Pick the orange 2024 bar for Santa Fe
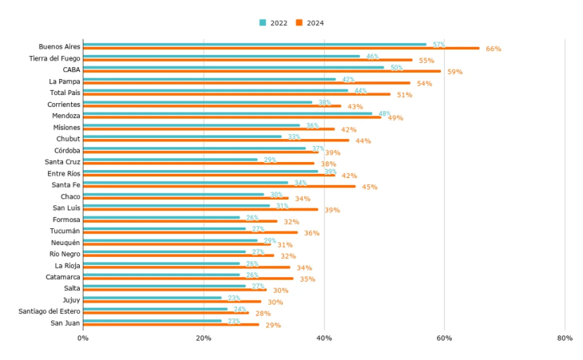tap(219, 187)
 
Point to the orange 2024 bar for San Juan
tap(171, 325)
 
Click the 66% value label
tap(493, 49)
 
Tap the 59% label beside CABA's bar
tap(454, 72)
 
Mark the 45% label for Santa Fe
tap(370, 187)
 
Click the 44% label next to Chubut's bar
tap(363, 140)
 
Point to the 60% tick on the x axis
tap(444, 338)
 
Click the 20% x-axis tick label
tap(204, 338)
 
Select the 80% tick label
tap(565, 338)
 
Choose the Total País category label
tap(64, 93)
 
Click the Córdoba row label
tap(67, 150)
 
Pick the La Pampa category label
tap(64, 81)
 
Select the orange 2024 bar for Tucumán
tap(190, 233)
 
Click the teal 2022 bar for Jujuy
tap(152, 298)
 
